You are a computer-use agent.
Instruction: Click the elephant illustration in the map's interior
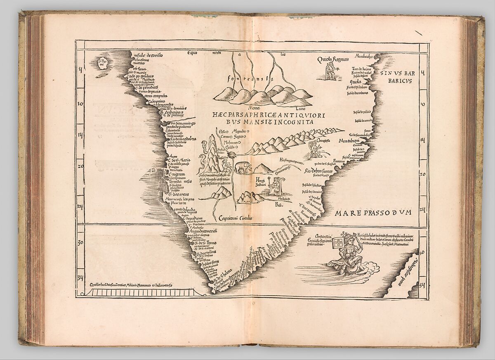click(243, 167)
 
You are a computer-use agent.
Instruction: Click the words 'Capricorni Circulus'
click(236, 218)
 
